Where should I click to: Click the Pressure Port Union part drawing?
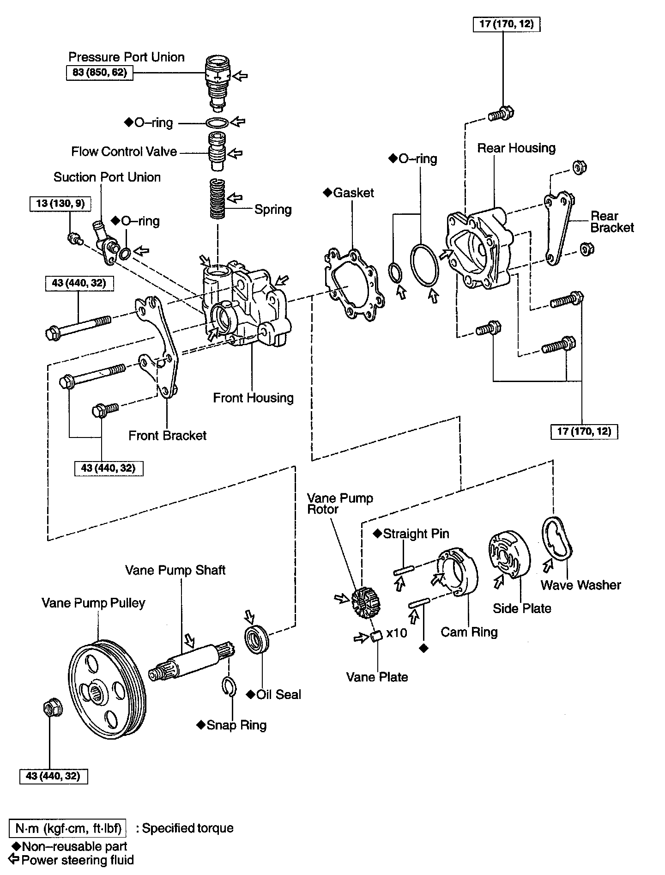point(217,83)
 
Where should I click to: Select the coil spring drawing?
point(218,199)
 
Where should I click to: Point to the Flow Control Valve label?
point(124,152)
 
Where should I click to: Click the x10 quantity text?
point(397,633)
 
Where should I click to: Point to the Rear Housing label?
point(516,148)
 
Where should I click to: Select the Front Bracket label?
point(167,436)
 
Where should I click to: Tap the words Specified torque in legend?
point(187,828)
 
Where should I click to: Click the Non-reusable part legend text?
point(74,846)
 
